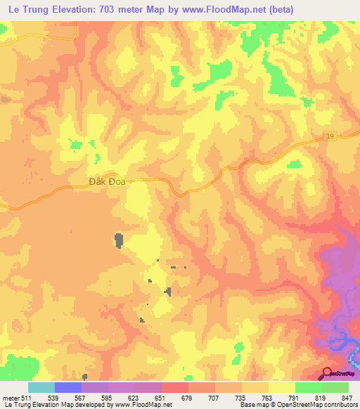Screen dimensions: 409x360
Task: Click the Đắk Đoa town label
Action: pos(106,181)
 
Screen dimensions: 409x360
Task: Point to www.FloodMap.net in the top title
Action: pos(254,11)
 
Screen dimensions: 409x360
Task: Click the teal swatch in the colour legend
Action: pos(41,387)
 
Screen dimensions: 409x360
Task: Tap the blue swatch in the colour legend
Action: pos(68,387)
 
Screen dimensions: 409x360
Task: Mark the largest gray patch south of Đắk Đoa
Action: pos(118,240)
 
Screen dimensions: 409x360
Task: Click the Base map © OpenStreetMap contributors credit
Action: pos(295,405)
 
